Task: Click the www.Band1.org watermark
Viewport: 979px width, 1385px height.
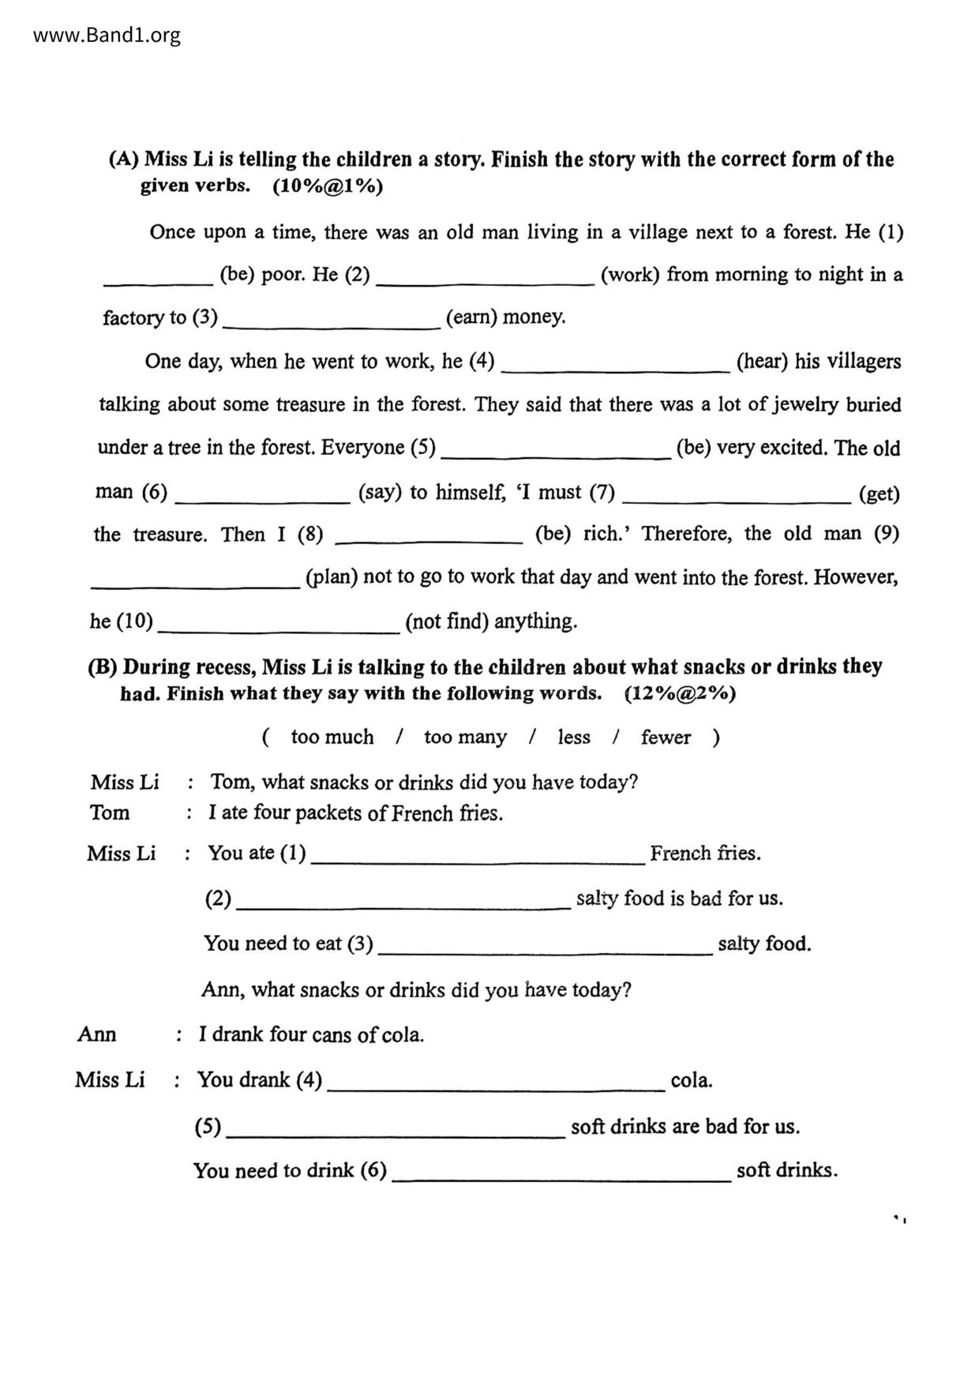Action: click(107, 36)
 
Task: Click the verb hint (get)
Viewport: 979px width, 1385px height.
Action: click(879, 494)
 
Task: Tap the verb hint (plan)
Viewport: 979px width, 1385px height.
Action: click(332, 576)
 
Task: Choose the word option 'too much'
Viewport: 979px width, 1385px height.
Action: click(332, 737)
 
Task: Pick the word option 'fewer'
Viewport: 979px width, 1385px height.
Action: click(666, 737)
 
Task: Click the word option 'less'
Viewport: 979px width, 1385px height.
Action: click(574, 737)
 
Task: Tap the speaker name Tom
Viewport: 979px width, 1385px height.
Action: click(110, 813)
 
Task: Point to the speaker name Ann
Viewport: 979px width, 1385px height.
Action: click(97, 1034)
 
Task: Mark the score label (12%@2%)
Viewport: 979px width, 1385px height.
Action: click(680, 694)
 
